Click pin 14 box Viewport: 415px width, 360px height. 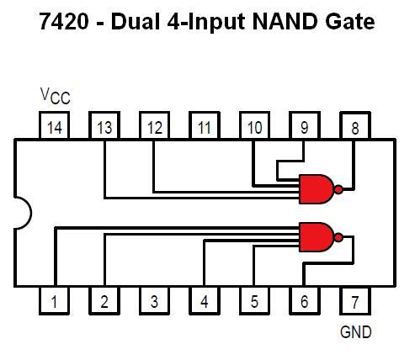54,125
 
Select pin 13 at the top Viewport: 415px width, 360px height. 104,125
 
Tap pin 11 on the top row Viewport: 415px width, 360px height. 205,125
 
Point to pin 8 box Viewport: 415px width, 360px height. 355,125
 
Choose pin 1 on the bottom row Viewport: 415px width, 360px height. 54,300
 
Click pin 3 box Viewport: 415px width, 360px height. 154,300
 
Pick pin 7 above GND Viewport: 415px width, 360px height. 355,300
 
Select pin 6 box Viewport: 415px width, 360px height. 305,300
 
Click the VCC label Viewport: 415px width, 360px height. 56,96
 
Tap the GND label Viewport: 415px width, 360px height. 355,332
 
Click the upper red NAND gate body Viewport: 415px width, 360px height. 317,189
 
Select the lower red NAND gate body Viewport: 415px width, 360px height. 317,237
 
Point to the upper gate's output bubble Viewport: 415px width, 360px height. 338,189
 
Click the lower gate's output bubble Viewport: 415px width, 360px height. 338,238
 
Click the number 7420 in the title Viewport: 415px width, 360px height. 64,22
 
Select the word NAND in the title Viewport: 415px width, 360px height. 285,22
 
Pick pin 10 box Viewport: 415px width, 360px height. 254,125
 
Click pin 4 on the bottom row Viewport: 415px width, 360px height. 205,300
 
